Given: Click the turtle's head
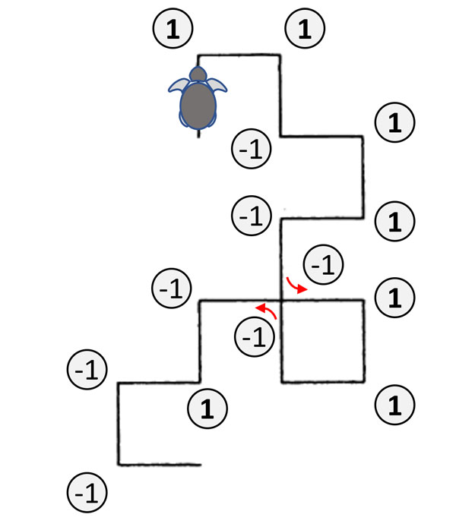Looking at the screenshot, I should pyautogui.click(x=198, y=74).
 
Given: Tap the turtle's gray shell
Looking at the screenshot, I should pyautogui.click(x=198, y=104).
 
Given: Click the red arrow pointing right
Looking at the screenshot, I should pyautogui.click(x=296, y=286).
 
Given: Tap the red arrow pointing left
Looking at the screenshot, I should pyautogui.click(x=267, y=310).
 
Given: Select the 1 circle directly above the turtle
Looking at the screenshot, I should pyautogui.click(x=173, y=29).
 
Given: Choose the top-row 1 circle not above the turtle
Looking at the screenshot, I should pyautogui.click(x=304, y=29).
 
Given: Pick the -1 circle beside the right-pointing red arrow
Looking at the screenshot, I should pyautogui.click(x=323, y=265).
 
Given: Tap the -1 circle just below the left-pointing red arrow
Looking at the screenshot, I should pyautogui.click(x=256, y=336).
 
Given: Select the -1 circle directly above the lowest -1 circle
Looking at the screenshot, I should pyautogui.click(x=87, y=370).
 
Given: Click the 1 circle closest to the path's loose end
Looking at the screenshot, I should pyautogui.click(x=207, y=409).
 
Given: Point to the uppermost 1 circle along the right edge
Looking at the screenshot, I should pyautogui.click(x=395, y=121).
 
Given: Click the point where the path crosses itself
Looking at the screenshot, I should pyautogui.click(x=282, y=301).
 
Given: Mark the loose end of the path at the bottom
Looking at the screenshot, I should pyautogui.click(x=199, y=464).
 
